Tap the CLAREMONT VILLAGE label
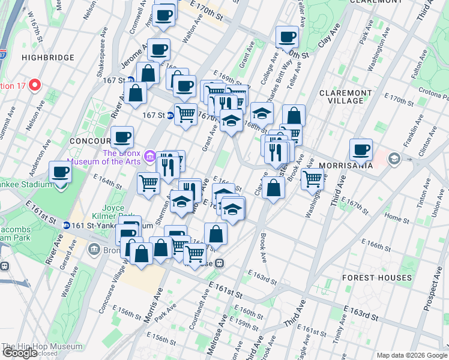[x=350, y=97]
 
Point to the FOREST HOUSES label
[x=377, y=278]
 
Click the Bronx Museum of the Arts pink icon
[x=149, y=156]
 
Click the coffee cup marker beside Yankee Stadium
[x=61, y=173]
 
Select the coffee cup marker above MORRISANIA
[x=361, y=150]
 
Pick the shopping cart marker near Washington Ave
[x=312, y=178]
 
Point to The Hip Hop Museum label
[x=42, y=346]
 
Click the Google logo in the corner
[x=19, y=353]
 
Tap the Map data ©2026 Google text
[x=412, y=355]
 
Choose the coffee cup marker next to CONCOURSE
[x=122, y=137]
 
